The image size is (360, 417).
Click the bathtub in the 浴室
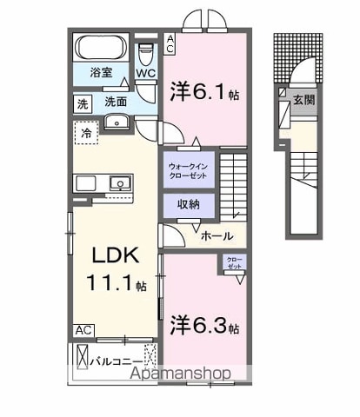pos(101,47)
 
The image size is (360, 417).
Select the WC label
pos(146,73)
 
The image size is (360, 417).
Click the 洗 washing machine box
pos(83,104)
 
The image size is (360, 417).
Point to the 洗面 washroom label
pos(116,102)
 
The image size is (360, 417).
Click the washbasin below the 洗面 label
pos(117,122)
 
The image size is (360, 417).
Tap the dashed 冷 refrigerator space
pos(86,133)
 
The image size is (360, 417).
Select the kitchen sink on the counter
pos(120,183)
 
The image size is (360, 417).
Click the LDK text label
pos(116,255)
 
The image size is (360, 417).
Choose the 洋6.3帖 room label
pos(204,325)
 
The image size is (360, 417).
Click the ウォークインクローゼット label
pos(188,171)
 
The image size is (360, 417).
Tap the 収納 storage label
pos(189,204)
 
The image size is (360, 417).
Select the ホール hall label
pos(217,236)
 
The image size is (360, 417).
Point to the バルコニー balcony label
pos(117,361)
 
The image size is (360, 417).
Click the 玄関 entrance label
pos(303,100)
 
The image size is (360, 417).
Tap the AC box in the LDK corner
pos(83,330)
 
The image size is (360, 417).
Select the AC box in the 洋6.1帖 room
pos(170,43)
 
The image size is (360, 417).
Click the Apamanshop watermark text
pos(180,374)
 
